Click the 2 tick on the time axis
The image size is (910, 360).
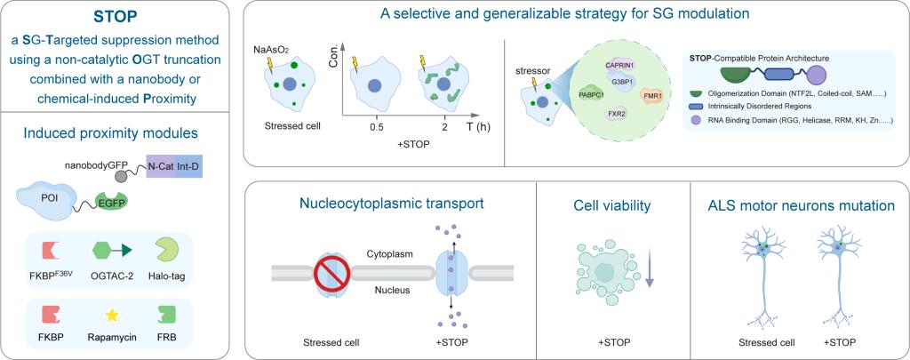click(x=444, y=126)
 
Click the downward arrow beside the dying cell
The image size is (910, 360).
click(x=649, y=269)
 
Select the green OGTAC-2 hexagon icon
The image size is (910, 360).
click(x=105, y=252)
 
